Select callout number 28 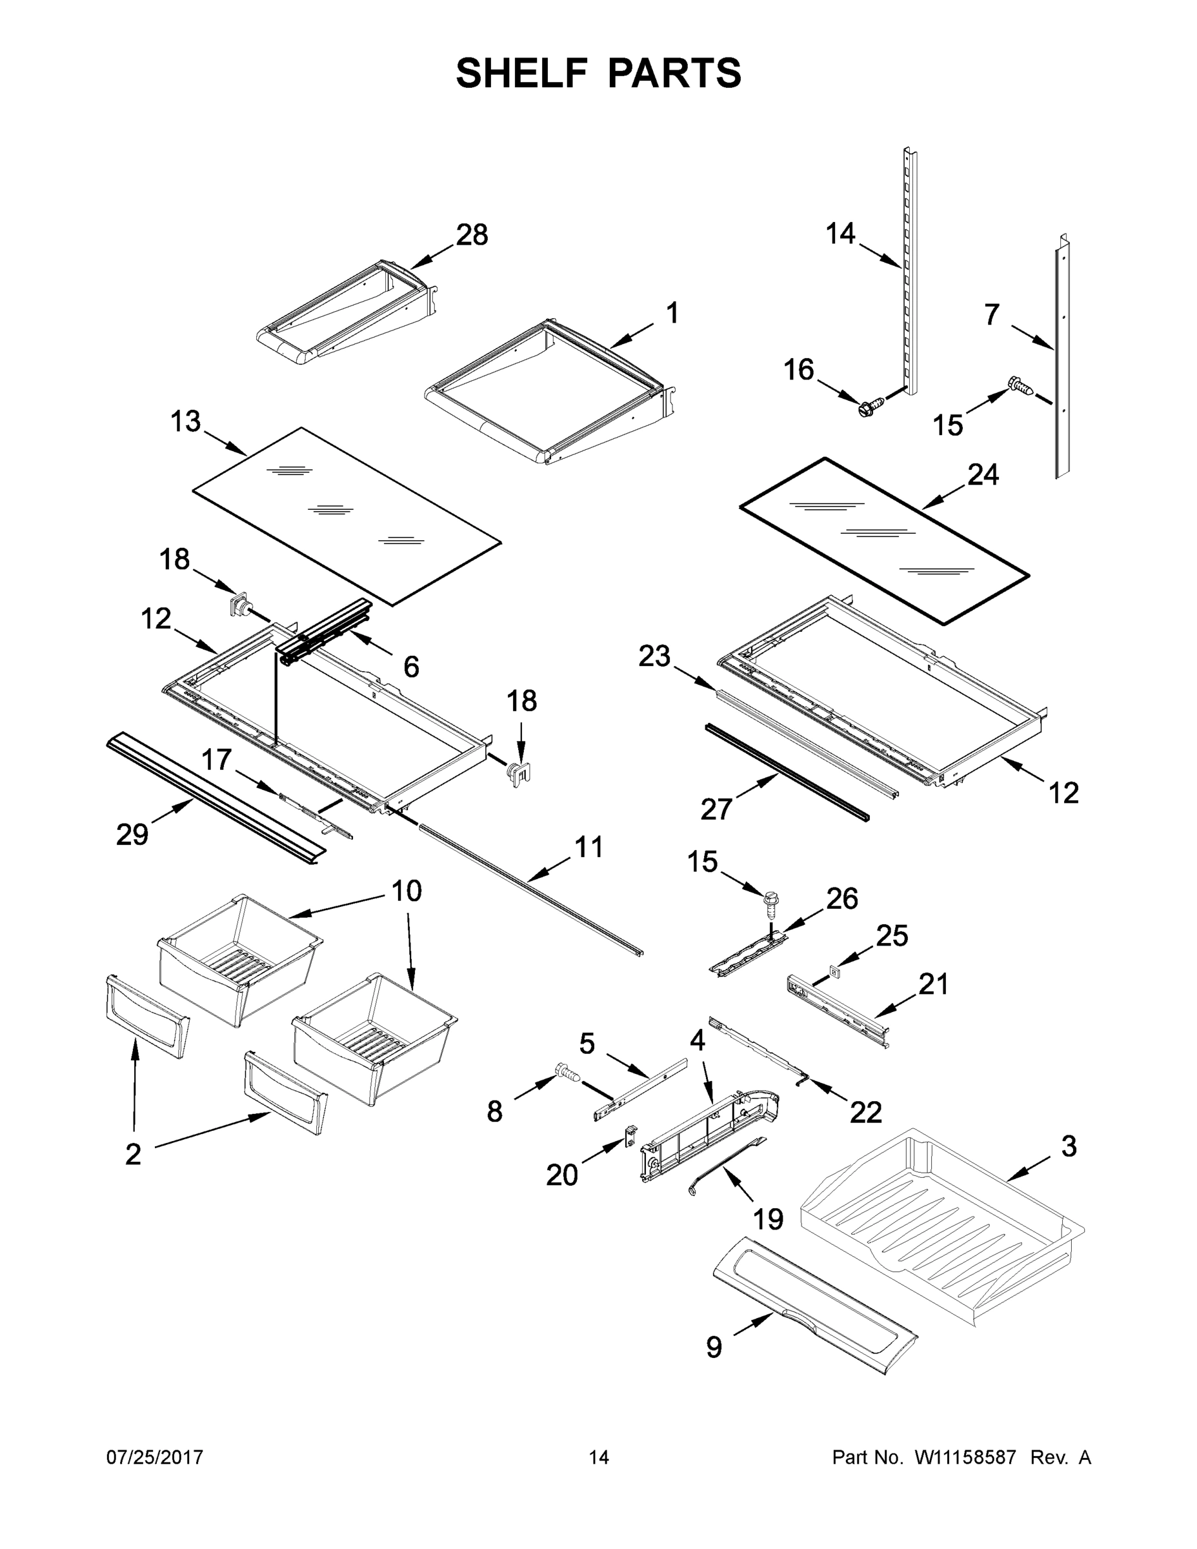472,235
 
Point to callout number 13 186,421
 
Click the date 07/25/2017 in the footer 155,1457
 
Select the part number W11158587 965,1457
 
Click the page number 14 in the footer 599,1457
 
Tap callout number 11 588,847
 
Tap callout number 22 866,1111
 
